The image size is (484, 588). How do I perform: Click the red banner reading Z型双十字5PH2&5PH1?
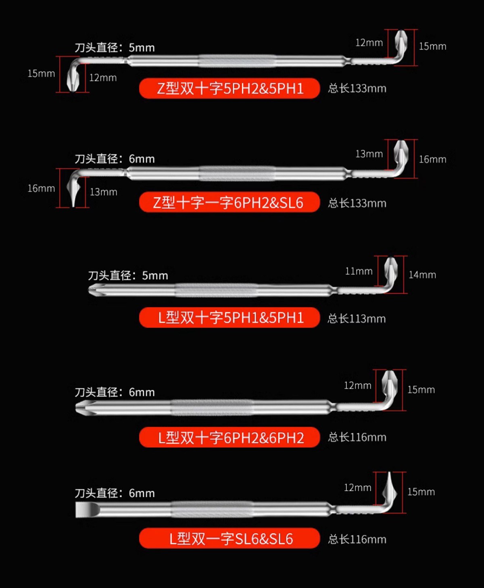229,88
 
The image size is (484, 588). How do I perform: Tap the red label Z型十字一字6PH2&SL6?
229,202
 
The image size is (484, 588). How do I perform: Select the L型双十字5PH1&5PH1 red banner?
229,317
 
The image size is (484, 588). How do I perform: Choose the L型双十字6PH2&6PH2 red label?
229,437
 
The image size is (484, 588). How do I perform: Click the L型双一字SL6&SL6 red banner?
229,538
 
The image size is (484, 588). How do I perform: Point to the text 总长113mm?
357,318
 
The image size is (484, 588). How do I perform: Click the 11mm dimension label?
359,271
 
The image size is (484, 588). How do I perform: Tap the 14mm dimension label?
422,275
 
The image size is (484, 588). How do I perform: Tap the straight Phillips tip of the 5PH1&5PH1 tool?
96,290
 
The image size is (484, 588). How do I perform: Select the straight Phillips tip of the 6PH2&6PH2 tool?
85,408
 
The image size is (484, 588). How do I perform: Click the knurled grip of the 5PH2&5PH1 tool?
238,61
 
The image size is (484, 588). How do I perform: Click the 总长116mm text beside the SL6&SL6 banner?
357,539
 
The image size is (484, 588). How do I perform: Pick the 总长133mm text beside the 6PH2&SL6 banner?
357,203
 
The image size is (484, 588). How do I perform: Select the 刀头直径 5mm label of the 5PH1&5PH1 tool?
128,275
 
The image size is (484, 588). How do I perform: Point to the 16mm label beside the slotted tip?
41,188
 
